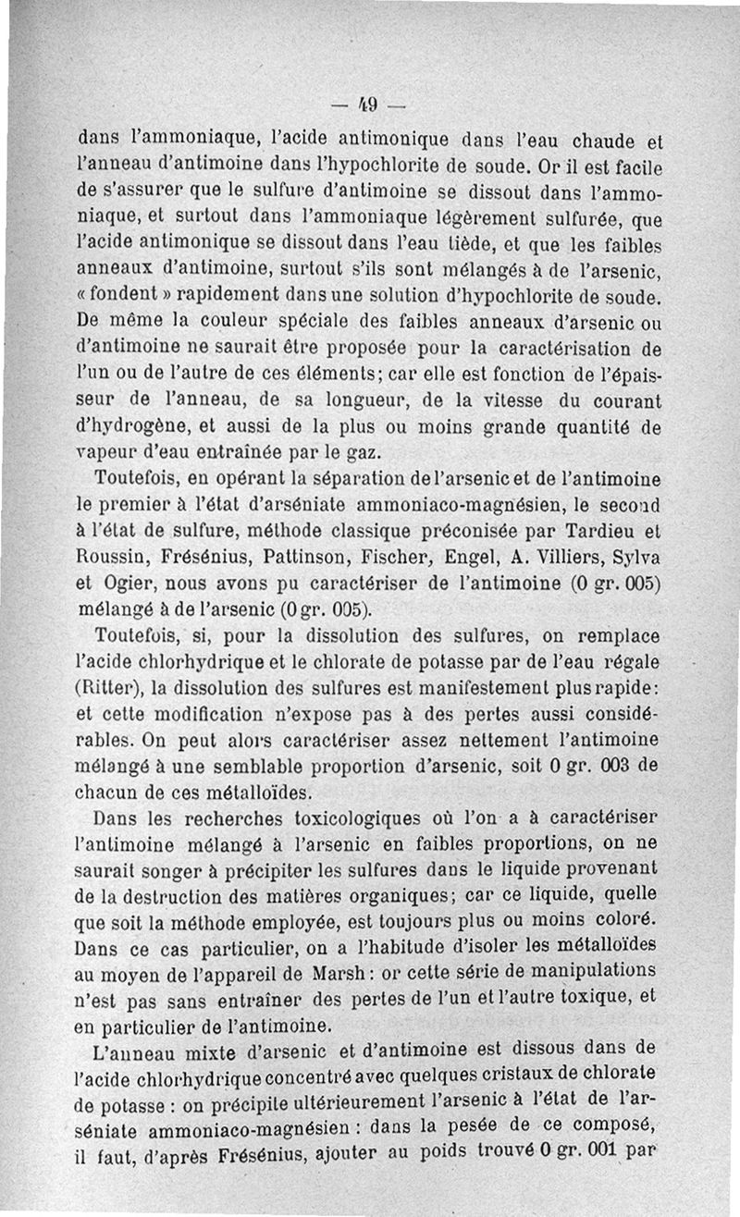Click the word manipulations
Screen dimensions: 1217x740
click(x=596, y=971)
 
